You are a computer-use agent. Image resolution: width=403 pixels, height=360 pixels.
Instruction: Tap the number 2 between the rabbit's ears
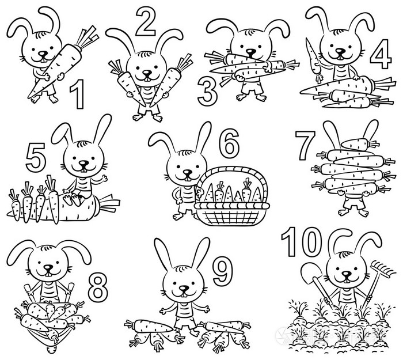pos(146,22)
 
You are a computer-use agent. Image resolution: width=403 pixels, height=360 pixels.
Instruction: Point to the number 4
pos(381,55)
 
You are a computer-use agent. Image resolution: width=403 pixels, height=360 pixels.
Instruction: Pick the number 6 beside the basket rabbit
pos(229,143)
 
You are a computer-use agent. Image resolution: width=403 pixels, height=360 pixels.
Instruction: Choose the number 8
pos(98,287)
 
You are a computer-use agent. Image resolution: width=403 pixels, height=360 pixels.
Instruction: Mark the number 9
pos(223,271)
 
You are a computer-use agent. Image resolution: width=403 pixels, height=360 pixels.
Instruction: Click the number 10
pos(302,242)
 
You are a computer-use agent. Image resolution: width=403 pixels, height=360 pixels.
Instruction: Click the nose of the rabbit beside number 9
pos(184,288)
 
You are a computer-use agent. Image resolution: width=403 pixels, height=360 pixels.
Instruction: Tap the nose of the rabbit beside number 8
pos(48,268)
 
